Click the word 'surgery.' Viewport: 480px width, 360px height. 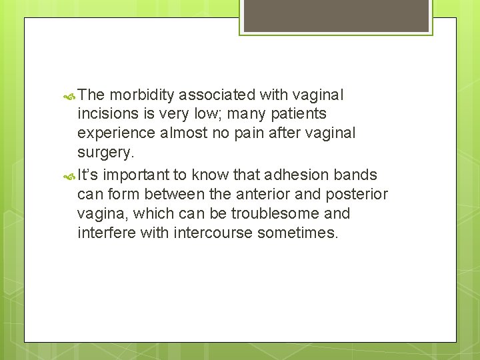[106, 152]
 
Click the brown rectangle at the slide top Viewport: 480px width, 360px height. [335, 15]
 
